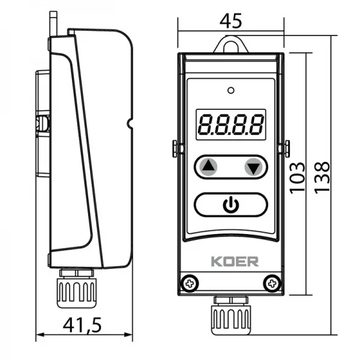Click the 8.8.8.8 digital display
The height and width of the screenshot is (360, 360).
point(230,124)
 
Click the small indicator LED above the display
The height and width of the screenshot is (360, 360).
point(230,91)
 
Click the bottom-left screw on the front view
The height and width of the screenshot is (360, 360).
point(190,281)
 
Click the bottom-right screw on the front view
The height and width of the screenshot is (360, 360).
point(272,281)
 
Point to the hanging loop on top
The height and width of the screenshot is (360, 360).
point(231,44)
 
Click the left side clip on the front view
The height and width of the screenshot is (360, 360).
point(174,148)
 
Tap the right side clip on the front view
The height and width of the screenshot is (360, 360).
point(287,147)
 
